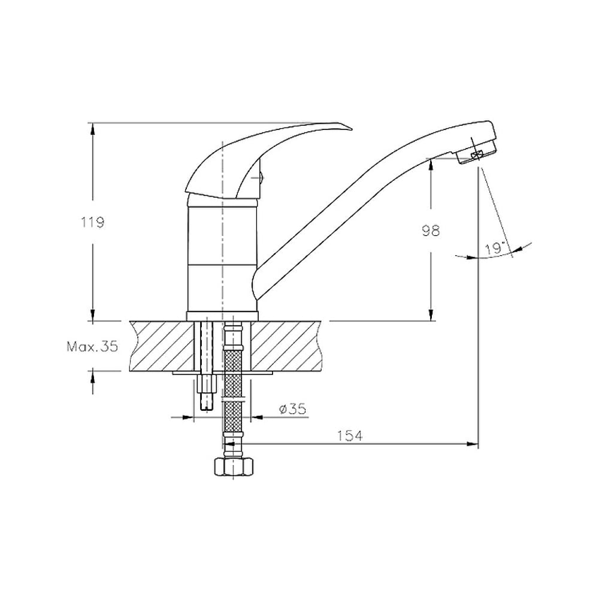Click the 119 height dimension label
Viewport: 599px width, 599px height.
(92, 222)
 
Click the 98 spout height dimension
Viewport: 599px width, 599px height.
(431, 231)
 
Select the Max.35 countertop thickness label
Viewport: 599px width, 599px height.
(92, 346)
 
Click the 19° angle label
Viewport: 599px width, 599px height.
(495, 249)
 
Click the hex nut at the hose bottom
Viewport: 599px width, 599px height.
(233, 467)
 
